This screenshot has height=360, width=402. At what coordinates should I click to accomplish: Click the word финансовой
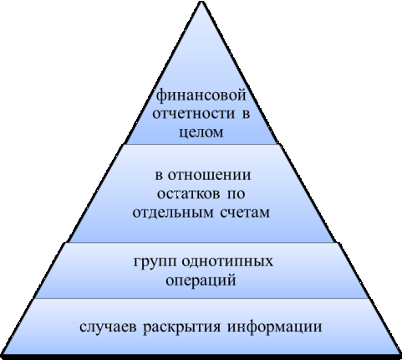click(201, 96)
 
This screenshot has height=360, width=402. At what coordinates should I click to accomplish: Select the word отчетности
click(194, 114)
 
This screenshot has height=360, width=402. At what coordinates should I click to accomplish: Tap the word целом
click(201, 132)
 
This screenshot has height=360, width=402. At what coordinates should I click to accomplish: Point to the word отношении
click(210, 176)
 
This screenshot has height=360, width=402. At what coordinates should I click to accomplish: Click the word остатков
click(188, 193)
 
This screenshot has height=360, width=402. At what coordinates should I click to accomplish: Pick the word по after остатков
click(237, 193)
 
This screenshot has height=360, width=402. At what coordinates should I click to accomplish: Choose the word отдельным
click(173, 213)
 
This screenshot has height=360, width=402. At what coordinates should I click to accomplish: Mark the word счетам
click(246, 213)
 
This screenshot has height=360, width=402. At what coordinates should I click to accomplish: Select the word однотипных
click(228, 262)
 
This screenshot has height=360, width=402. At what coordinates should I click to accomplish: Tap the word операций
click(201, 280)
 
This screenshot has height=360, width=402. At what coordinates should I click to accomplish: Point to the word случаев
click(108, 327)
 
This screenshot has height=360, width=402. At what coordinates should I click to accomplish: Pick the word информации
click(275, 327)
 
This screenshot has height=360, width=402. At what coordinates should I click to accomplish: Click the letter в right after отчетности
click(246, 114)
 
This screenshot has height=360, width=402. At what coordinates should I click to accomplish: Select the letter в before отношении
click(159, 176)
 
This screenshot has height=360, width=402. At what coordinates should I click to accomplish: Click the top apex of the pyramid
click(201, 2)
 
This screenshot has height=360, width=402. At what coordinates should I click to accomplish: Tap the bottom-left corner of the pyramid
click(3, 355)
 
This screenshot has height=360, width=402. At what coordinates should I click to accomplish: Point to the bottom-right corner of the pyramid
click(399, 355)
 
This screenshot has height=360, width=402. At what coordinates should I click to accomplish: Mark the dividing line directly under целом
click(201, 144)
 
